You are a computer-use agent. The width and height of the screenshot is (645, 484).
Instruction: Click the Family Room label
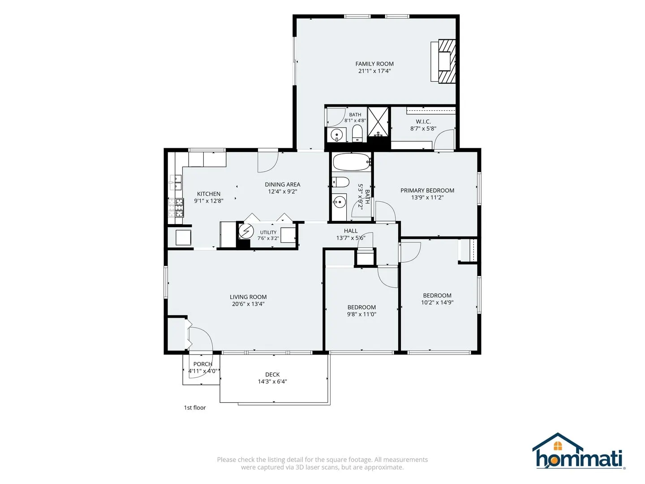(374, 64)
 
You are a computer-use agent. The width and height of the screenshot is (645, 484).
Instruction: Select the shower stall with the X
(378, 122)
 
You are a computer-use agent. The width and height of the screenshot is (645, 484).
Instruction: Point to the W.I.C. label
(423, 121)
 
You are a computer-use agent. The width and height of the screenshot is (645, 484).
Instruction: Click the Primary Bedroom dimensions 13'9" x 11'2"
(427, 198)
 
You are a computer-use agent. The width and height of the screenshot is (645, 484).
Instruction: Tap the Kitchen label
(209, 194)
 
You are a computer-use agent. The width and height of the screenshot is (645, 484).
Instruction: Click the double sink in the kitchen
(176, 182)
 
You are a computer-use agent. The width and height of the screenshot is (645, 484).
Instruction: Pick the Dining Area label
(282, 185)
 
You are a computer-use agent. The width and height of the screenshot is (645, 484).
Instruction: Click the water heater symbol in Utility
(246, 231)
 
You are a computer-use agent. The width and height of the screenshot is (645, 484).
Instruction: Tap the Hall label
(351, 231)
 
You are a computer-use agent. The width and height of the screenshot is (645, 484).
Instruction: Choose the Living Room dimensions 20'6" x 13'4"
(248, 304)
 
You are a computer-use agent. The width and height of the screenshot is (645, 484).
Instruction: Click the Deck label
(272, 374)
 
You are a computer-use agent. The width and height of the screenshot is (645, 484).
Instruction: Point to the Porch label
(203, 364)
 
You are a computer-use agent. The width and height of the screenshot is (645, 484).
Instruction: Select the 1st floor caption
(195, 408)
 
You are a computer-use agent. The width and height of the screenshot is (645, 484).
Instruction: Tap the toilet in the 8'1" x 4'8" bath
(357, 134)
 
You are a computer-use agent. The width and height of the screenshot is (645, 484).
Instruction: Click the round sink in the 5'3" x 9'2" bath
(340, 202)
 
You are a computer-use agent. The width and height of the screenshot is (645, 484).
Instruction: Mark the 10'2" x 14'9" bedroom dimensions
(437, 302)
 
